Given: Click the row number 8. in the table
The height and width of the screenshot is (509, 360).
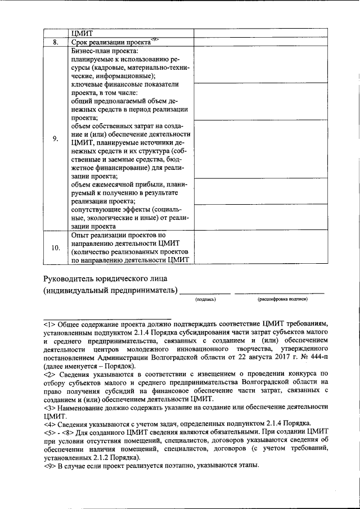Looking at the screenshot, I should pyautogui.click(x=55, y=42).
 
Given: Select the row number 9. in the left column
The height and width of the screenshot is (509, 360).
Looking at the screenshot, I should pyautogui.click(x=55, y=139).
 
